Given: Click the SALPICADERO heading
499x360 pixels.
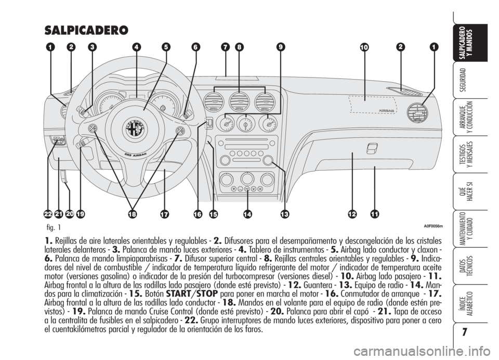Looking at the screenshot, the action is [87, 30].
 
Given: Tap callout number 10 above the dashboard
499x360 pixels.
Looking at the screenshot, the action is [364, 47].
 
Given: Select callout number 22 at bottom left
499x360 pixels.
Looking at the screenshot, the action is [48, 214].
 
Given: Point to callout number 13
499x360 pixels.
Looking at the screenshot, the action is [284, 214].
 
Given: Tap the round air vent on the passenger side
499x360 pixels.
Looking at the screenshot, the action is [417, 113].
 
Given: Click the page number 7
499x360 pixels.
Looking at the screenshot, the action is [464, 332].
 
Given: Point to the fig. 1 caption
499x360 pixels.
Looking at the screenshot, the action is [53, 228].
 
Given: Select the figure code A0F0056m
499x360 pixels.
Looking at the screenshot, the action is [434, 226].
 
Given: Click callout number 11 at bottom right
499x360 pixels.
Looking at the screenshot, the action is [375, 214].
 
